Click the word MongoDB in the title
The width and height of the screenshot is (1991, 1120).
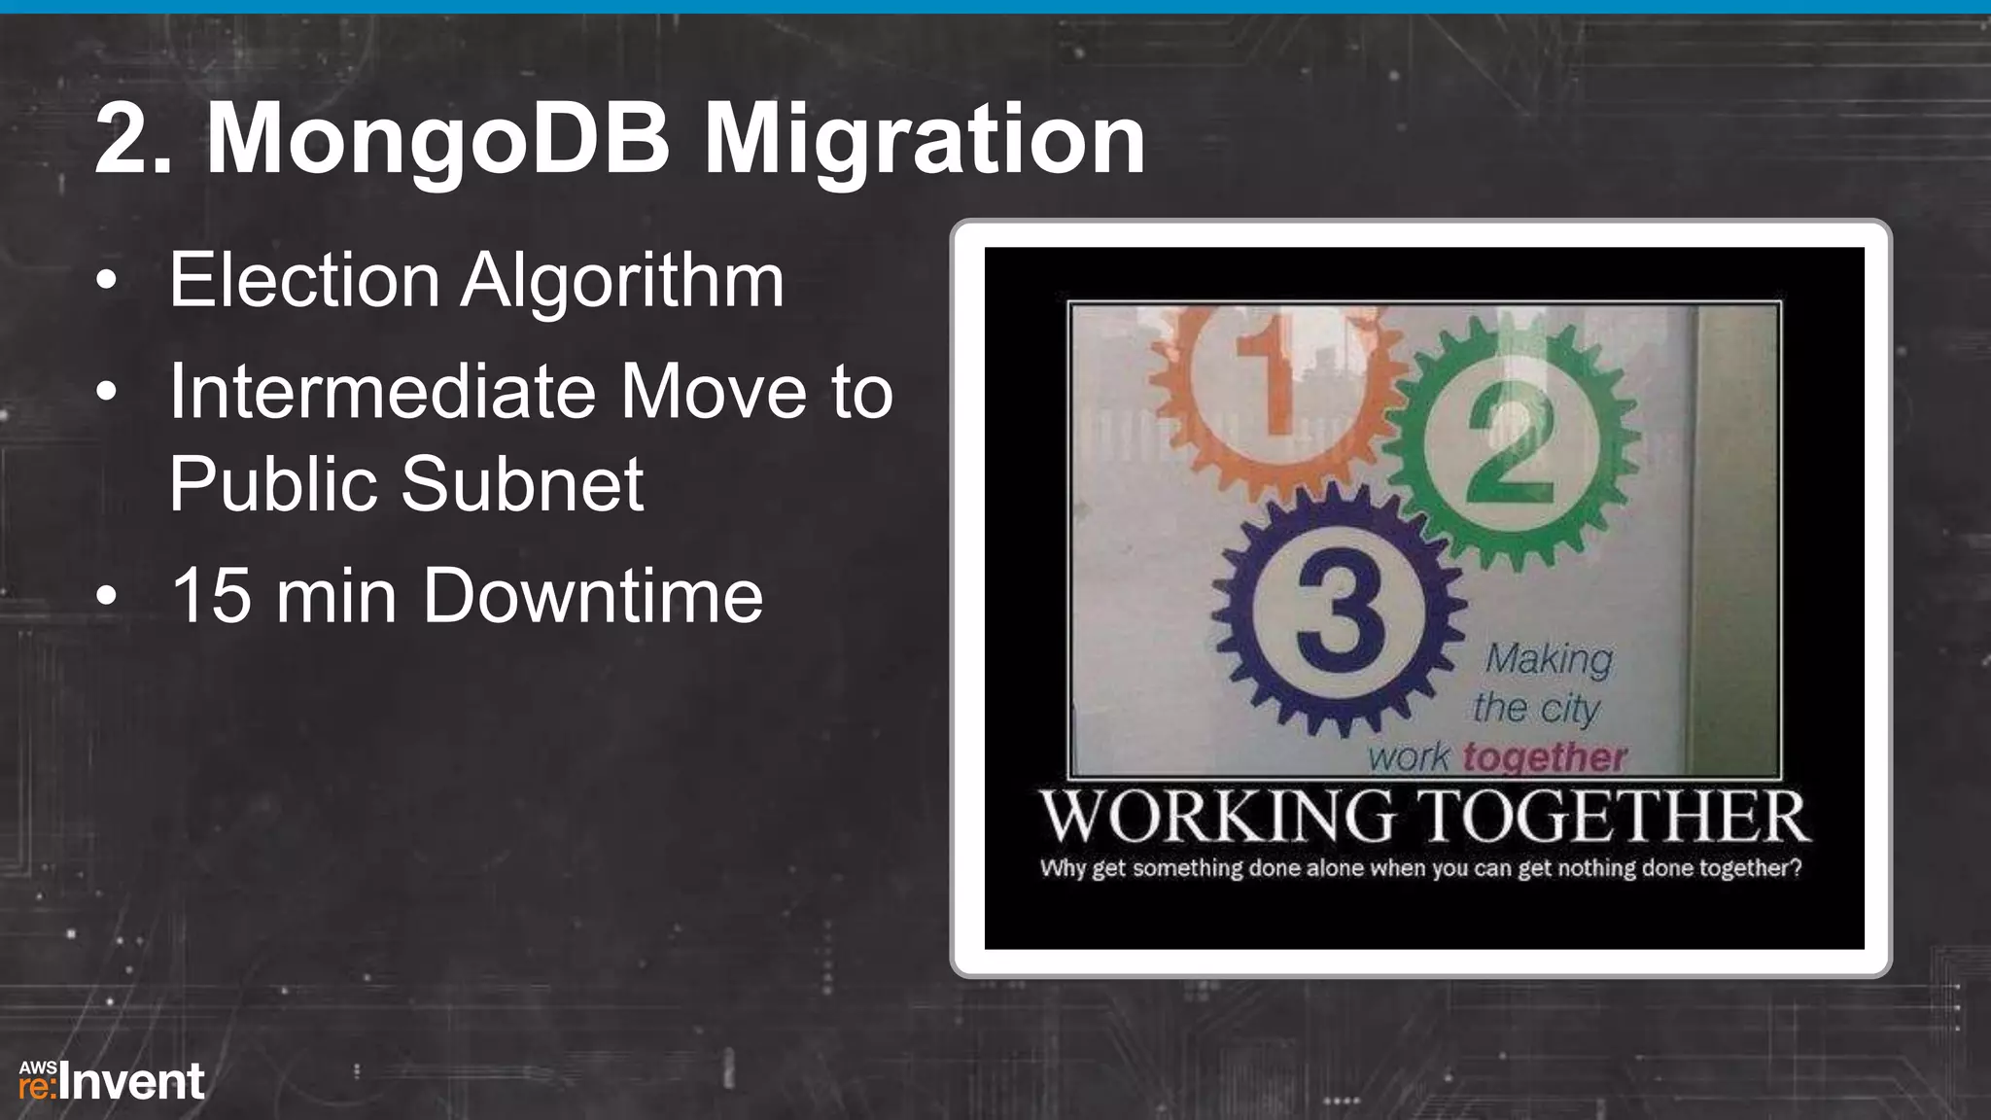[x=437, y=141]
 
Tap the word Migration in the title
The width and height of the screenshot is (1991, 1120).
[x=924, y=141]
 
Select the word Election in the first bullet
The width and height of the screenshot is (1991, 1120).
[x=304, y=281]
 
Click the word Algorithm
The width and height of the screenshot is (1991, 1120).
[x=622, y=281]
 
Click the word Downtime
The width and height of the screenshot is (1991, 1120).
[x=593, y=596]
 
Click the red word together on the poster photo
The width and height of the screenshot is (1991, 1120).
[x=1545, y=756]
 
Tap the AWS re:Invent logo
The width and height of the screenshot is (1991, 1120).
[x=112, y=1082]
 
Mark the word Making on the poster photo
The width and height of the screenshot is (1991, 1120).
[x=1548, y=659]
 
